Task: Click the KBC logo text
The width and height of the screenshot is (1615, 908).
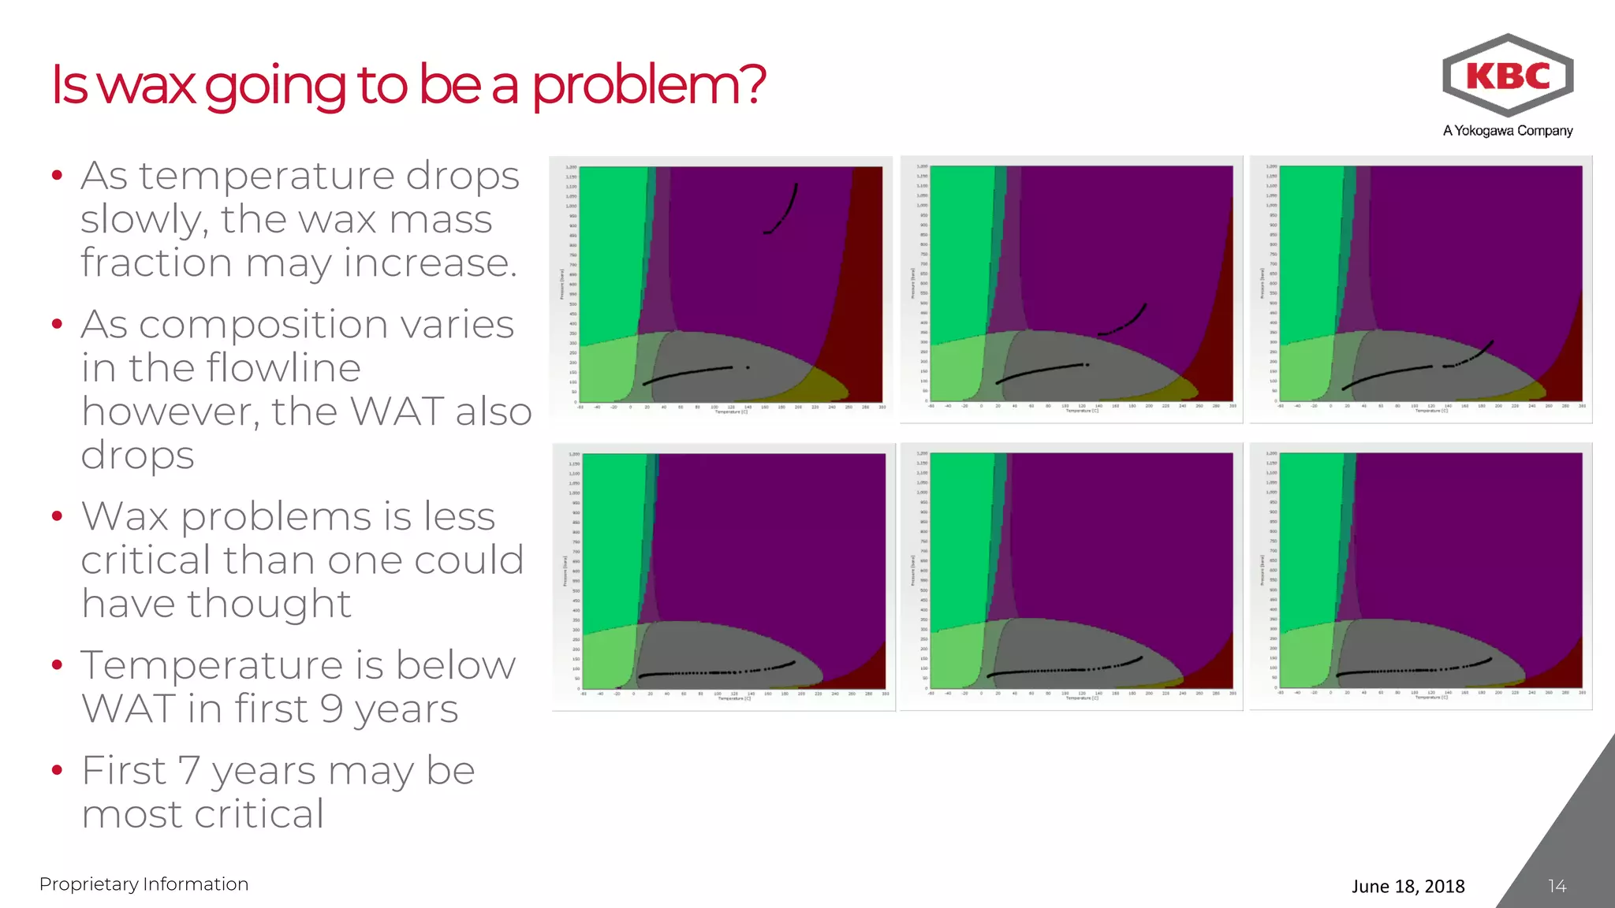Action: [1508, 76]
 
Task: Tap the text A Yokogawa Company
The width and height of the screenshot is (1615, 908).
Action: [1507, 131]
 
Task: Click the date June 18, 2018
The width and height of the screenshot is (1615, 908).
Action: [1408, 886]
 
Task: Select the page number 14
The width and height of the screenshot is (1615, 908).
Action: [1557, 886]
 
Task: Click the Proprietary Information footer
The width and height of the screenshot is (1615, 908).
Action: [144, 884]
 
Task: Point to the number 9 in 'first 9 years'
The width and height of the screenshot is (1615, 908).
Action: [331, 708]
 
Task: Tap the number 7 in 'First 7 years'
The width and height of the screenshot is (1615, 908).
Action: [189, 770]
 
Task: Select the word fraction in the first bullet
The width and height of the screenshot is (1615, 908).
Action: [156, 262]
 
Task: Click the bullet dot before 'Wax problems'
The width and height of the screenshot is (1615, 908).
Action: [57, 517]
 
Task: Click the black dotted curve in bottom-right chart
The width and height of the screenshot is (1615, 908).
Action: [1412, 670]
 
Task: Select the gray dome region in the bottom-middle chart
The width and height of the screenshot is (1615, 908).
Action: [1057, 642]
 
